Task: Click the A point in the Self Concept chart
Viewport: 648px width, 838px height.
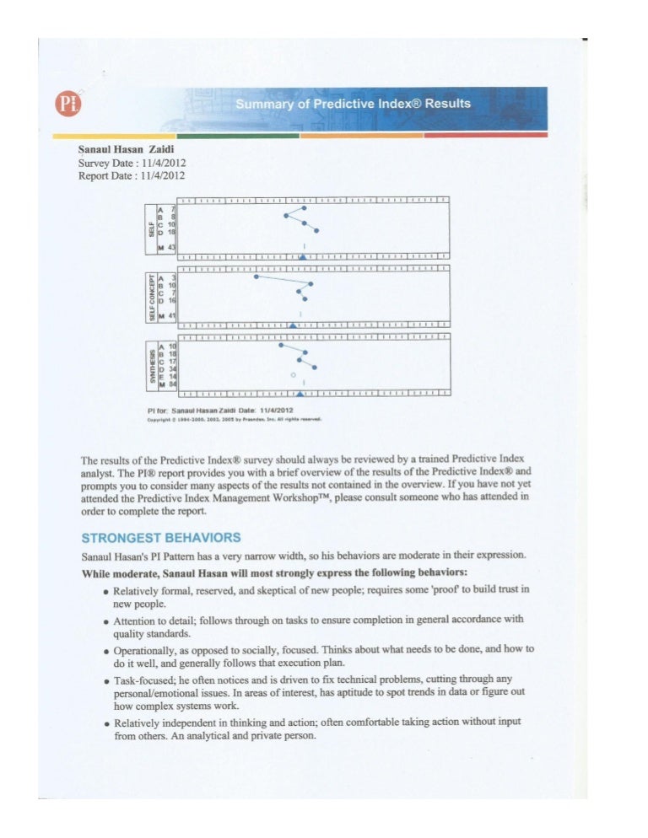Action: (x=256, y=277)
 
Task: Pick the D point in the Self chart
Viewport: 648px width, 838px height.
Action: (x=317, y=230)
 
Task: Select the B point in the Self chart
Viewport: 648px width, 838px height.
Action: (x=286, y=216)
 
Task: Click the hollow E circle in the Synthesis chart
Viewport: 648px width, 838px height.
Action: (x=293, y=373)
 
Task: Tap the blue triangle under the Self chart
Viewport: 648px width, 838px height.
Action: (x=303, y=255)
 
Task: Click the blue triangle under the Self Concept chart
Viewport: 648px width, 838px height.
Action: (x=293, y=324)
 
